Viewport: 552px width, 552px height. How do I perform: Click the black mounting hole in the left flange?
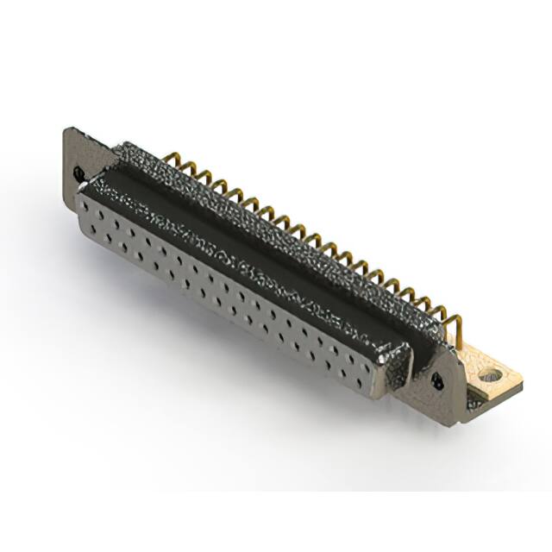(79, 172)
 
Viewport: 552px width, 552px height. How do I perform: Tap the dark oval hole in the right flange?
(436, 380)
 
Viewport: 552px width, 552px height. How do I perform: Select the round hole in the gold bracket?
(492, 376)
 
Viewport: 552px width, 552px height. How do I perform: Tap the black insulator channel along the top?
(259, 241)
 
